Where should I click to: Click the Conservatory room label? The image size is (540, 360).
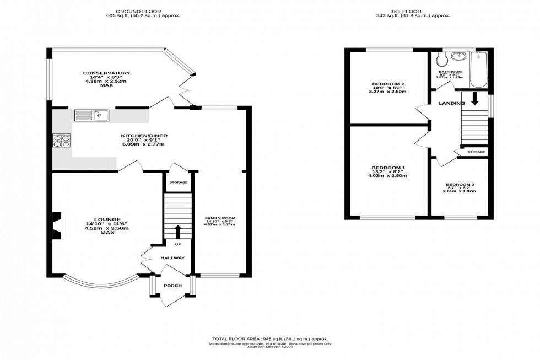[x=106, y=73]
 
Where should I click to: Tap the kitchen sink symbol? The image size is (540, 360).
[x=92, y=116]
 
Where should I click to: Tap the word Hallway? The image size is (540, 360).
[x=172, y=258]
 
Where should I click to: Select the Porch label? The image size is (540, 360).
[x=172, y=286]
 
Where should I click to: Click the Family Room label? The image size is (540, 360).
[x=220, y=219]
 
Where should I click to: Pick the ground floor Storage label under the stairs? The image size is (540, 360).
[x=178, y=182]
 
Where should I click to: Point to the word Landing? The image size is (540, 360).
[x=451, y=103]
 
